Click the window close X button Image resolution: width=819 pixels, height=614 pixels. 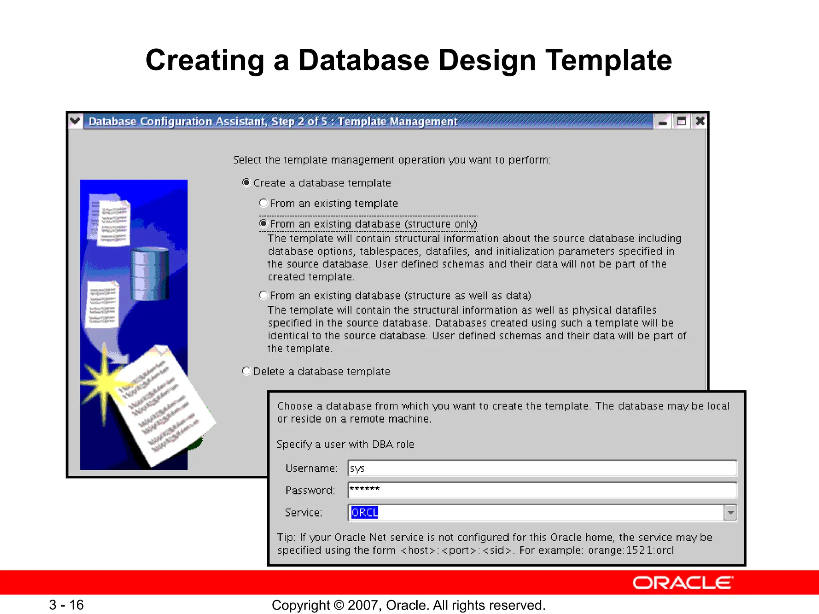(700, 121)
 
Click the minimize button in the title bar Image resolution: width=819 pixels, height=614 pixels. (663, 121)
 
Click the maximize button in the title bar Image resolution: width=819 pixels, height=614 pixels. (681, 121)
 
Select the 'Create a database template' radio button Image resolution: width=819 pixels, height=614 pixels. (246, 183)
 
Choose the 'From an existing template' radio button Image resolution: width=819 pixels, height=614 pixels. (263, 203)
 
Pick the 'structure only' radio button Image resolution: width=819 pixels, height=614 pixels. (263, 223)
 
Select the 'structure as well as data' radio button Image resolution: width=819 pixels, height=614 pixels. (263, 295)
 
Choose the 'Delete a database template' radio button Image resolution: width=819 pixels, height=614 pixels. (246, 371)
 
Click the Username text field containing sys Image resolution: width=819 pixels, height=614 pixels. (542, 468)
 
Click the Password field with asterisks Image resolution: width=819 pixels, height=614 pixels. (542, 490)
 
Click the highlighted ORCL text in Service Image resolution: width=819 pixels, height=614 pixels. (364, 512)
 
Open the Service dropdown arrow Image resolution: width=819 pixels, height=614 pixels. (730, 512)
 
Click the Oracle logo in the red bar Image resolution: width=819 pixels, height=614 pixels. (683, 583)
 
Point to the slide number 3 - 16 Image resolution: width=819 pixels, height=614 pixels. (66, 605)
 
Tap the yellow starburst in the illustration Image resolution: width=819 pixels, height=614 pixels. (105, 382)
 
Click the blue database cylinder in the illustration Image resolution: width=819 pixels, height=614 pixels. (150, 274)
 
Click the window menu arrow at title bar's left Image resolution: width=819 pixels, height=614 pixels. (75, 121)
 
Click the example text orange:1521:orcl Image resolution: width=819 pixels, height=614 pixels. (630, 550)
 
